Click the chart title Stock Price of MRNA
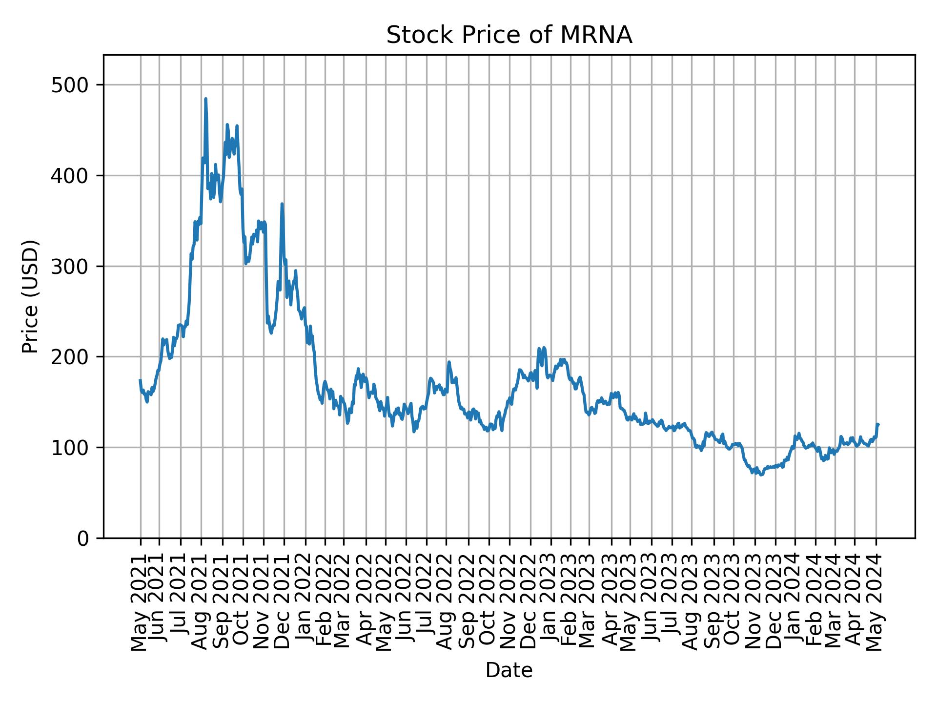coord(509,35)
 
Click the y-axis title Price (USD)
coord(30,296)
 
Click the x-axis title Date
coord(509,670)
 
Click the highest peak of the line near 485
coord(205,99)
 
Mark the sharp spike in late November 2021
coord(282,204)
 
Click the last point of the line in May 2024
coord(878,424)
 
